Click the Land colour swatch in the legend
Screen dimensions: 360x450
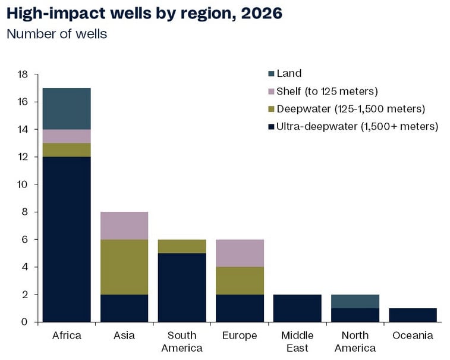pyautogui.click(x=271, y=74)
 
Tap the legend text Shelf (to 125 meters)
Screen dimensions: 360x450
pyautogui.click(x=328, y=91)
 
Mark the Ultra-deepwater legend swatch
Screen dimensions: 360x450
pyautogui.click(x=271, y=126)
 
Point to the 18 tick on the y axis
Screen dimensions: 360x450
pyautogui.click(x=23, y=74)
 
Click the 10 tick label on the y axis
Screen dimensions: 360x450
pyautogui.click(x=23, y=184)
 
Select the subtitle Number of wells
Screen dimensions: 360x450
pyautogui.click(x=56, y=33)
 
